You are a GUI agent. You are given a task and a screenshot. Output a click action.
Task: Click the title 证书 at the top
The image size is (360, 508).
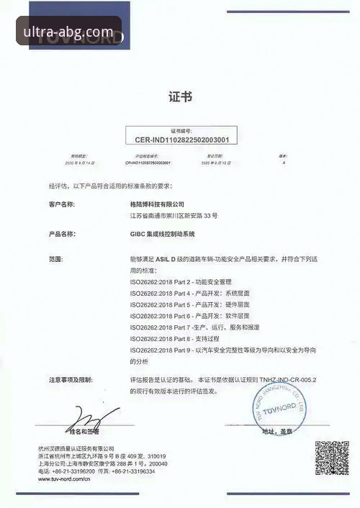point(179,96)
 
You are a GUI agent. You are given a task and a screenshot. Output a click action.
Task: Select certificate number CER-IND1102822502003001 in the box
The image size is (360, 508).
point(181,139)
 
